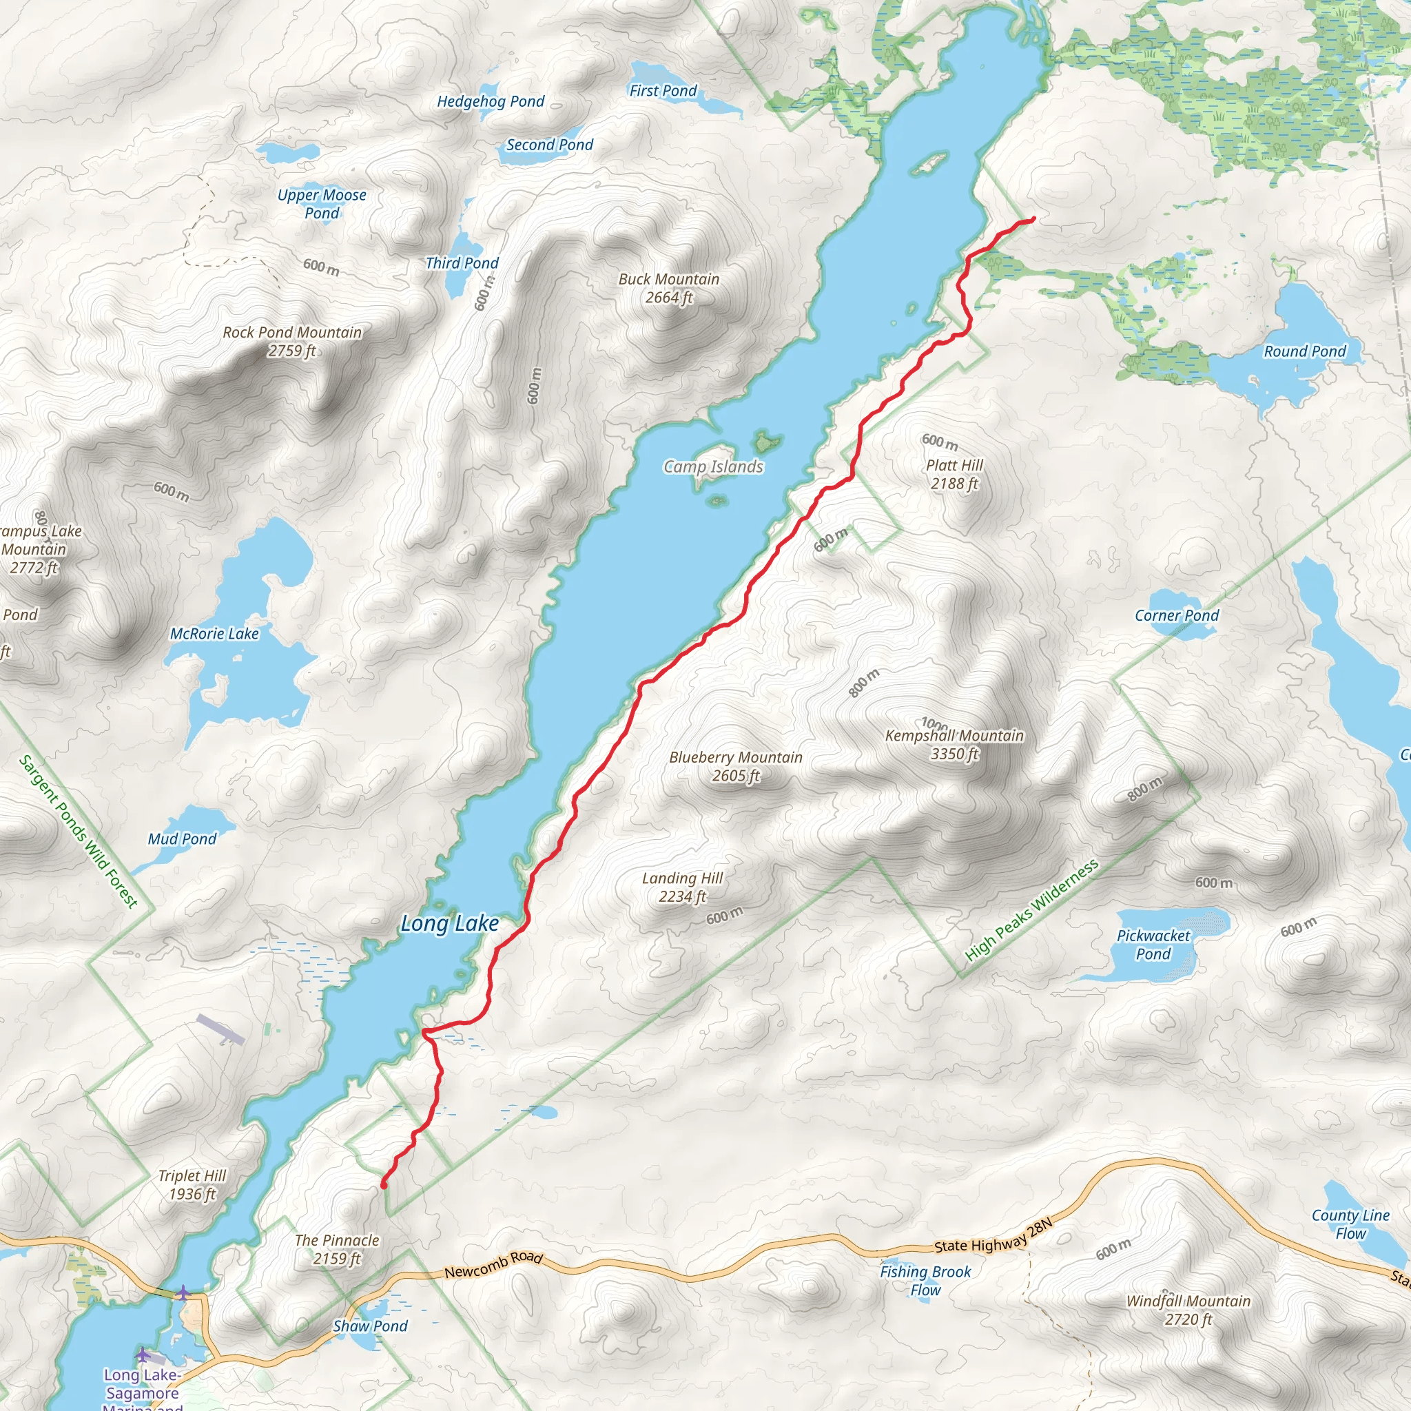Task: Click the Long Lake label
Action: tap(449, 924)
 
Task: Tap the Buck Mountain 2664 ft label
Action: tap(668, 289)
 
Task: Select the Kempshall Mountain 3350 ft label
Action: tap(954, 745)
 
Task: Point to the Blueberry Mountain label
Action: tap(735, 758)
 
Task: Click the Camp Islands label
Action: tap(713, 466)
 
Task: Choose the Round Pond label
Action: tap(1304, 351)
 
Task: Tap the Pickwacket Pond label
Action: tap(1153, 945)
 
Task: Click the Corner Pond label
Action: tap(1176, 616)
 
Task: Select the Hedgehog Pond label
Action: tap(490, 101)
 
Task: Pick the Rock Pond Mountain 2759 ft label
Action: tap(292, 341)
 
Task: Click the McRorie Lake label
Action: tap(214, 634)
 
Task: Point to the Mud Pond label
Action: tap(182, 839)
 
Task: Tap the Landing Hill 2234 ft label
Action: tap(682, 887)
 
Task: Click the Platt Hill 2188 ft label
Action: tap(954, 474)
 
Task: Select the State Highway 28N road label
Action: tap(993, 1236)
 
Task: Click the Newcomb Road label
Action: tap(494, 1265)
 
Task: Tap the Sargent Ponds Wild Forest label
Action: tap(78, 831)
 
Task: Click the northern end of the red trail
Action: tap(1033, 219)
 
